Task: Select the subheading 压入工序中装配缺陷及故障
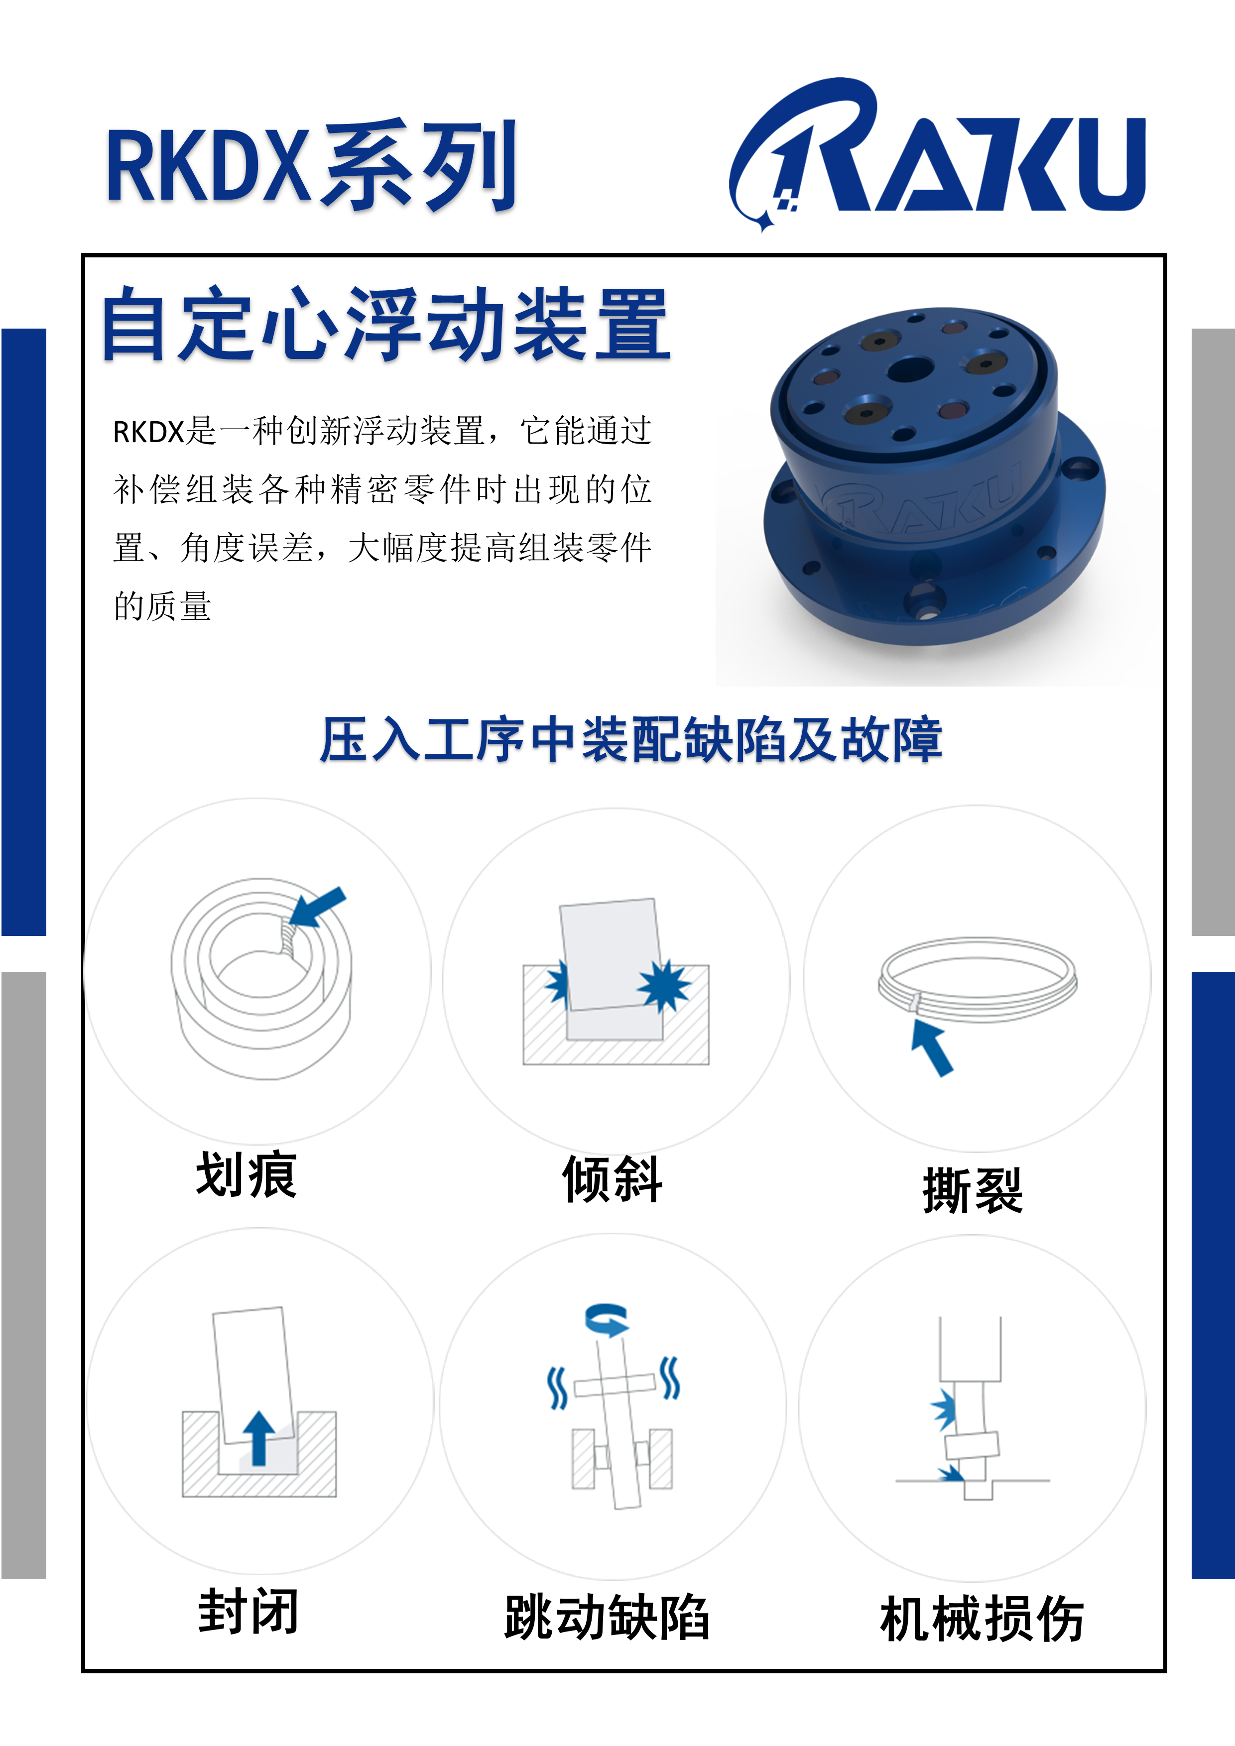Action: (x=630, y=739)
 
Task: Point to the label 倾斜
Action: (x=612, y=1179)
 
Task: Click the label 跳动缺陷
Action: (x=607, y=1618)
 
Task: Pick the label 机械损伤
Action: (x=982, y=1619)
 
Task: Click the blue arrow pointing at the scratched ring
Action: (x=318, y=907)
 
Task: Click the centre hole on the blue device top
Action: (x=910, y=371)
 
